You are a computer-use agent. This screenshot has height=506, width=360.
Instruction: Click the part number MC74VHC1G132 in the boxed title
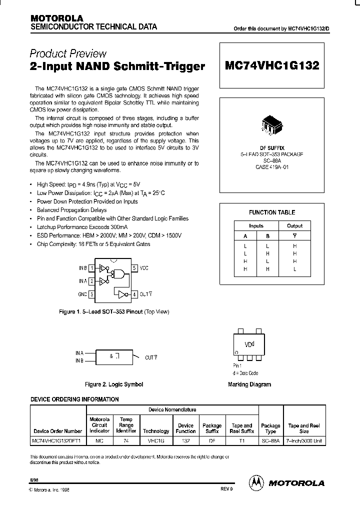[272, 66]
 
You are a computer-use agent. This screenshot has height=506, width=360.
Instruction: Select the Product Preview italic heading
[68, 53]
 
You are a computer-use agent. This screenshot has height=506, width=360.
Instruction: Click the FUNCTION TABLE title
[272, 212]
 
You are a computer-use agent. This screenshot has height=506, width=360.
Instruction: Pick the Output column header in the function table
[294, 226]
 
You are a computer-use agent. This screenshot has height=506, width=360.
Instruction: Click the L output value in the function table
[294, 269]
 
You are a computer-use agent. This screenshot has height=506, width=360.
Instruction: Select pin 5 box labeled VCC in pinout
[134, 268]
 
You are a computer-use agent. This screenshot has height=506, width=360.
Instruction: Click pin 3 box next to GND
[91, 294]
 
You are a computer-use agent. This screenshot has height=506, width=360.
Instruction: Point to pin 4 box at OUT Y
[134, 294]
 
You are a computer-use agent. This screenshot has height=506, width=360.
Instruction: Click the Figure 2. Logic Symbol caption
[114, 384]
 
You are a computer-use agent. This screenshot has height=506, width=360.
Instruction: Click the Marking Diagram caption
[249, 384]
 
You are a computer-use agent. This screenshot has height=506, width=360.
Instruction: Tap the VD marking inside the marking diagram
[248, 344]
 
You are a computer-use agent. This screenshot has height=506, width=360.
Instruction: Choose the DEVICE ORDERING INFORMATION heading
[75, 399]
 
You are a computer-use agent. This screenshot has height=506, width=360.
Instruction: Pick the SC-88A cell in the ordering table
[270, 440]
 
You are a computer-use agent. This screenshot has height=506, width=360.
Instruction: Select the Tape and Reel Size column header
[304, 428]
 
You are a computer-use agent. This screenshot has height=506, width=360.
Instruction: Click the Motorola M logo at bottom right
[256, 482]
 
